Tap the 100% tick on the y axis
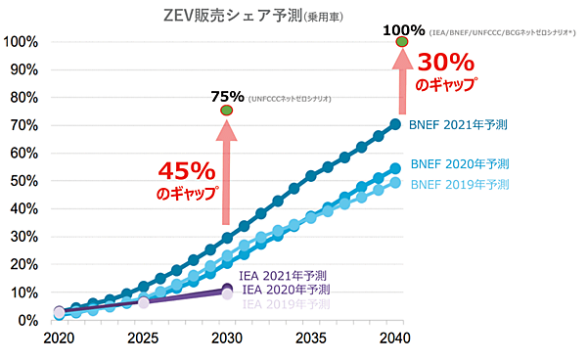(x=21, y=42)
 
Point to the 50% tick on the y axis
(x=23, y=181)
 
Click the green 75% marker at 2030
(x=227, y=111)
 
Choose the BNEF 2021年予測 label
(x=460, y=124)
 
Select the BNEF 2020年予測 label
(x=460, y=163)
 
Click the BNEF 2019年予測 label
(x=460, y=184)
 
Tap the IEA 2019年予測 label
(x=285, y=304)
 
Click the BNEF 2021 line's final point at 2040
(x=395, y=124)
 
